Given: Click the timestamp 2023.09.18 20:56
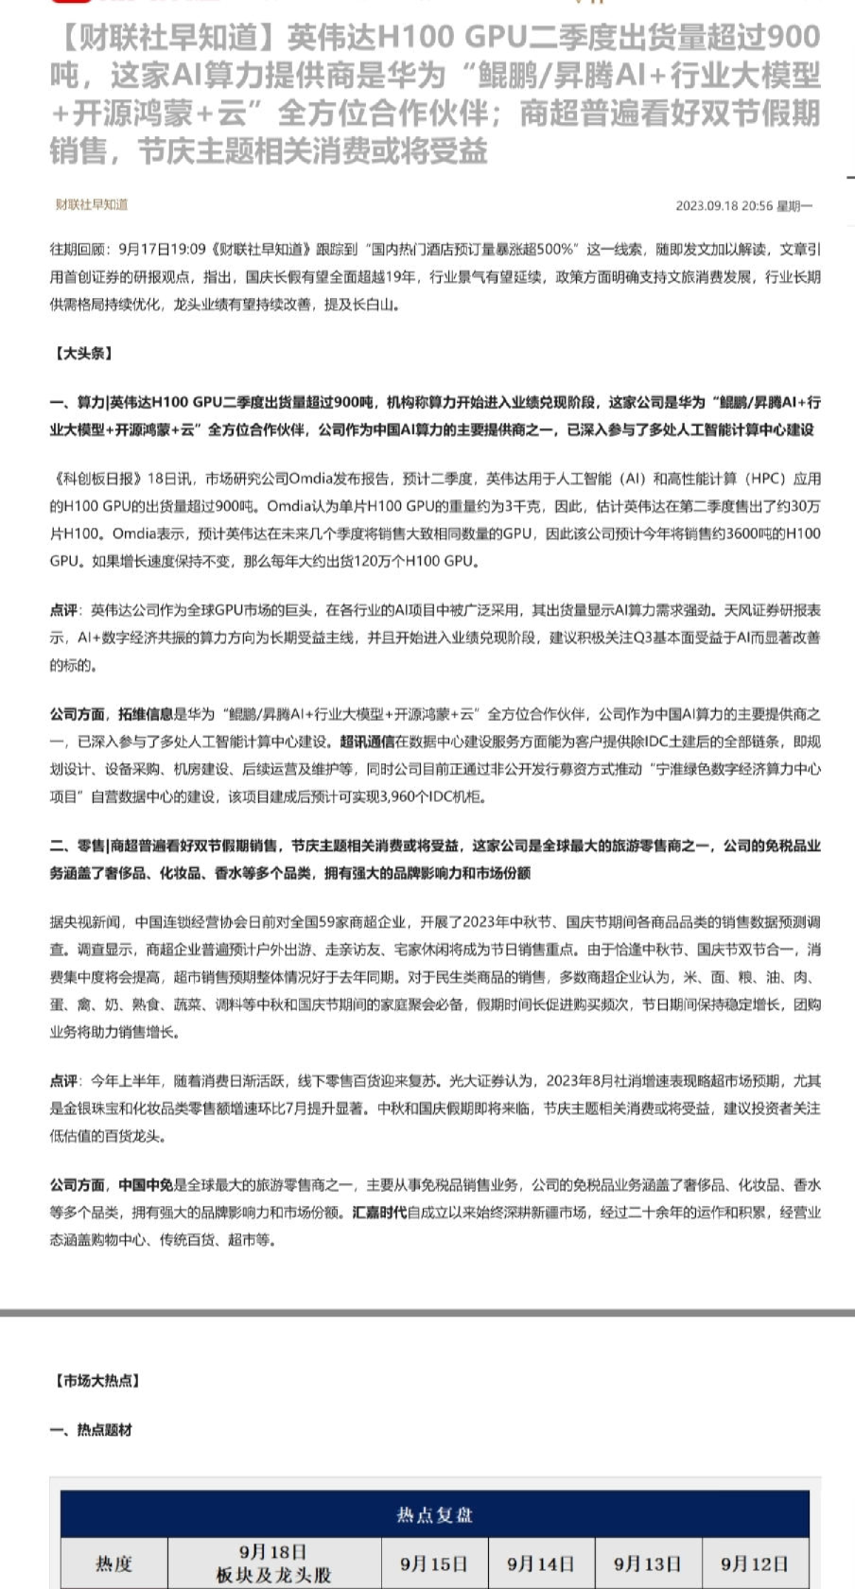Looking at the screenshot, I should pyautogui.click(x=724, y=205).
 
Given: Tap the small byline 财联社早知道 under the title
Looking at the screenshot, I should pyautogui.click(x=91, y=204).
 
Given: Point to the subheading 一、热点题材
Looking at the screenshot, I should pyautogui.click(x=91, y=1430).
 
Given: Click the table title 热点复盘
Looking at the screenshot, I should pyautogui.click(x=434, y=1514).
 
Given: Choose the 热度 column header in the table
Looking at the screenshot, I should pyautogui.click(x=114, y=1563).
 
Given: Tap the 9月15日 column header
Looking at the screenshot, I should pyautogui.click(x=434, y=1563).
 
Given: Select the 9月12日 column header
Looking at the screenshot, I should pyautogui.click(x=755, y=1563).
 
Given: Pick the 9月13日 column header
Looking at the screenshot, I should pyautogui.click(x=648, y=1563).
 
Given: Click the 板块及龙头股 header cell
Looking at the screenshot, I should pyautogui.click(x=273, y=1575).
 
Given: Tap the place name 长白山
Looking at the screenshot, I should pyautogui.click(x=376, y=305).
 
